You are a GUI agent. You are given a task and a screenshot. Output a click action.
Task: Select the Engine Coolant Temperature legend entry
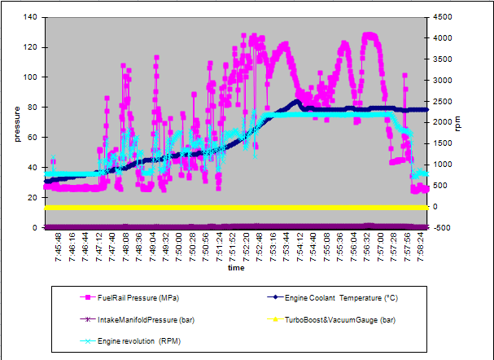pyautogui.click(x=324, y=298)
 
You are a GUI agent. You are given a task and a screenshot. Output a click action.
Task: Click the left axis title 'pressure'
pyautogui.click(x=17, y=121)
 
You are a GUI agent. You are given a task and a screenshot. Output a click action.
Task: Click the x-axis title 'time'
pyautogui.click(x=236, y=267)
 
